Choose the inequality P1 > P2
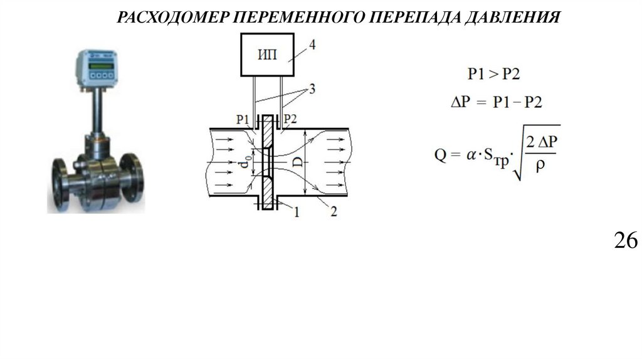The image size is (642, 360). click(494, 75)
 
